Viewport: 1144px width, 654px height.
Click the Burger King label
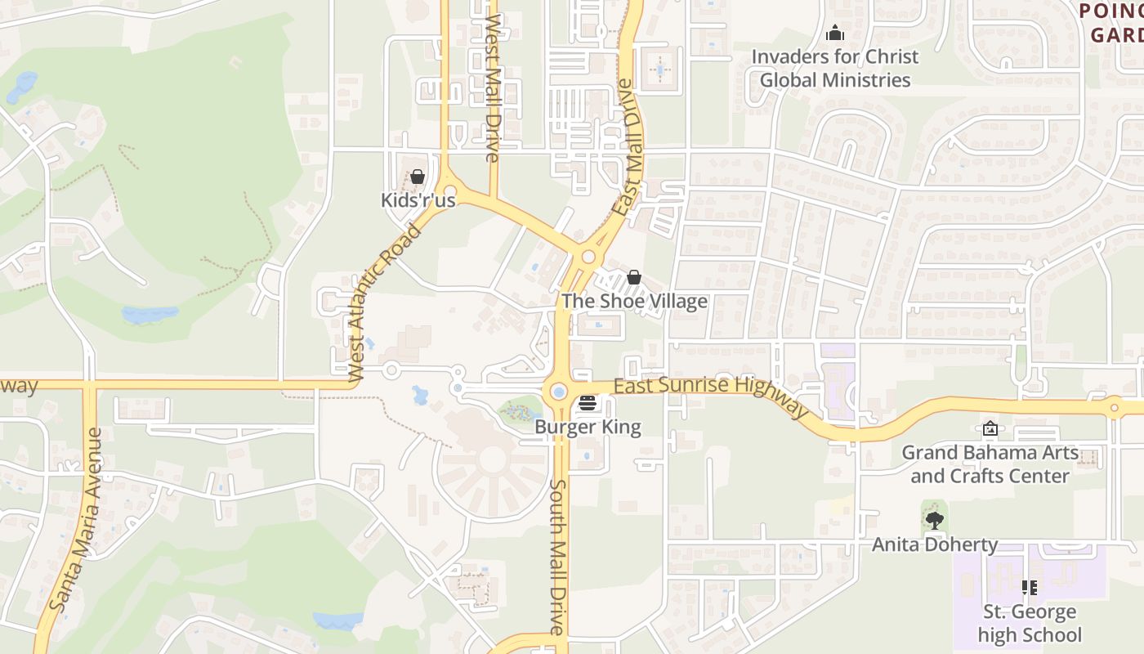[x=588, y=427]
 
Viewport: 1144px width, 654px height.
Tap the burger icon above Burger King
[x=588, y=403]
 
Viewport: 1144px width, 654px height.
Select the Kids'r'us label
[x=418, y=199]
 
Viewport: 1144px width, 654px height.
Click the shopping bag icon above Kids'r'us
[x=418, y=177]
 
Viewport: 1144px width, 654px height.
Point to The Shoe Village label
[x=634, y=301]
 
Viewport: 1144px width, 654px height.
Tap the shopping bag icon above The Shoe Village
[x=634, y=278]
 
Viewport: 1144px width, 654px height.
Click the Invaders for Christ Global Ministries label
[x=835, y=68]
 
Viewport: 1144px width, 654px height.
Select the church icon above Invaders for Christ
[x=835, y=34]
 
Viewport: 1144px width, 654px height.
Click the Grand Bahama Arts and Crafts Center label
[x=990, y=464]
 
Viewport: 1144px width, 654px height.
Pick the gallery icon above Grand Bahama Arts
[x=990, y=428]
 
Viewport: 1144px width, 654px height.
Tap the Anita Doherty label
[x=935, y=544]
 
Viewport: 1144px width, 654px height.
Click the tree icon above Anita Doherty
[x=935, y=520]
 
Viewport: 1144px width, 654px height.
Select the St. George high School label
[x=1030, y=623]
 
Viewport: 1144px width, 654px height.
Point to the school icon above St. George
[x=1030, y=587]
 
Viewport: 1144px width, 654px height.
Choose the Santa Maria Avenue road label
[x=75, y=520]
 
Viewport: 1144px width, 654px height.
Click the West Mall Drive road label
[x=492, y=88]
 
